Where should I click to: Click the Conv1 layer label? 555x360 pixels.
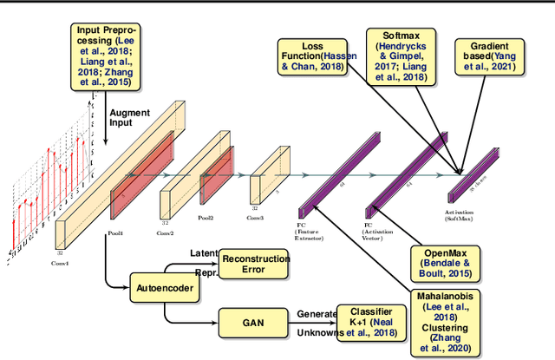click(58, 263)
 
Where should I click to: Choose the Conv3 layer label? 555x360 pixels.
click(255, 218)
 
